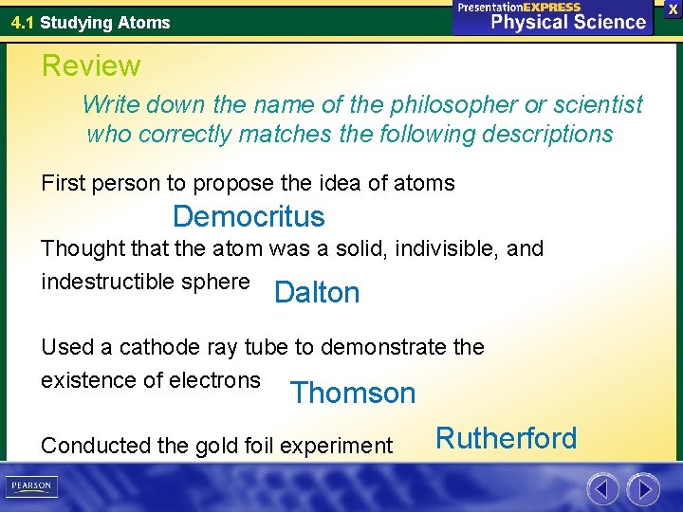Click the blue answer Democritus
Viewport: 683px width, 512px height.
(249, 216)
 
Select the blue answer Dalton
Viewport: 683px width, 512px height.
(317, 293)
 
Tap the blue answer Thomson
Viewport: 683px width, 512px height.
(353, 393)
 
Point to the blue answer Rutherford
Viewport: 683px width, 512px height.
(506, 438)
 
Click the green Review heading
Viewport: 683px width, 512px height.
(91, 65)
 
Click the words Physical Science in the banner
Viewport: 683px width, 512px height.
(568, 22)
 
